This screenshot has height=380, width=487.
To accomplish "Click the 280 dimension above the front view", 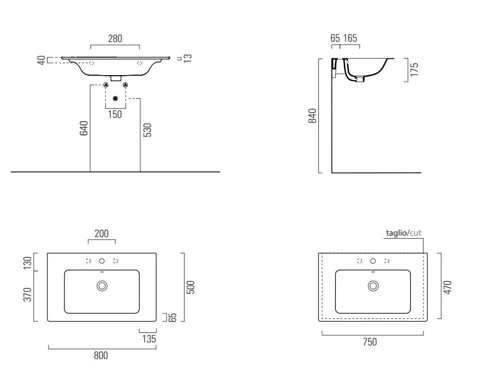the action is tap(115, 39).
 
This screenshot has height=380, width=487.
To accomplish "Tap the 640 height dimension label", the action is tap(84, 128).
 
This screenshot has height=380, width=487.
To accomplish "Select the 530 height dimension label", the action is tap(148, 130).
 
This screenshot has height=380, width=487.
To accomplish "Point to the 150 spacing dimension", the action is tap(115, 114).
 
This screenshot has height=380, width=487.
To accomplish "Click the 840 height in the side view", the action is tap(312, 116).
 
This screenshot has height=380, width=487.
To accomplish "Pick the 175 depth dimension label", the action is tap(414, 69).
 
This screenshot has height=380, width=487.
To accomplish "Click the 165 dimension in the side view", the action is tap(350, 38).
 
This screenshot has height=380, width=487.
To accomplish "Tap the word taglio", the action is tap(396, 233).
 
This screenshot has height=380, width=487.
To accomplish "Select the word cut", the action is tap(415, 233).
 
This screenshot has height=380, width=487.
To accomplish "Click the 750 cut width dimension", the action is tap(370, 342).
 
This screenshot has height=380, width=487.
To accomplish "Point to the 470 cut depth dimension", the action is tap(447, 287).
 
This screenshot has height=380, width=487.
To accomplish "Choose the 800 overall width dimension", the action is tap(101, 355).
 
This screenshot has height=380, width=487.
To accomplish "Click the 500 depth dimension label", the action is tap(190, 287).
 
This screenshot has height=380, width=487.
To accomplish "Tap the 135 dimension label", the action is tap(149, 339).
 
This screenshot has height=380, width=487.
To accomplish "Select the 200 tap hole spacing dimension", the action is tap(102, 234).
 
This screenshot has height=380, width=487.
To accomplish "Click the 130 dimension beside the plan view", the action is tap(28, 263).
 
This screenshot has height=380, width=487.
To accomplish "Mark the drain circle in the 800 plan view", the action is tap(102, 286).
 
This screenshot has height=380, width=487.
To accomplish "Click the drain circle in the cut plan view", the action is tap(373, 286).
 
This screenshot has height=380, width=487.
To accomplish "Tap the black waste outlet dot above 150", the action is tap(116, 99).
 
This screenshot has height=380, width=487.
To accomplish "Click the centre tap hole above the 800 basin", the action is tap(102, 261).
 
